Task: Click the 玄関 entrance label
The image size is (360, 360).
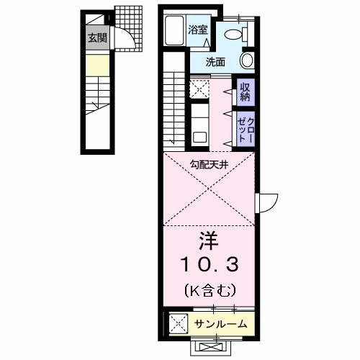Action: click(97, 39)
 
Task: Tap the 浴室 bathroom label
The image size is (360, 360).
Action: click(198, 30)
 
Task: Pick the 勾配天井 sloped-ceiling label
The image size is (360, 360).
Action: click(208, 165)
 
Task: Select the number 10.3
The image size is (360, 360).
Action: click(208, 265)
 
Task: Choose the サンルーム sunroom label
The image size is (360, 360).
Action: click(220, 324)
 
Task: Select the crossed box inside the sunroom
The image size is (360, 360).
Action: click(177, 323)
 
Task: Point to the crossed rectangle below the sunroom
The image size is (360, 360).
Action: click(207, 346)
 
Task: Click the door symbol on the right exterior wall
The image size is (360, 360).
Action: click(264, 202)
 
